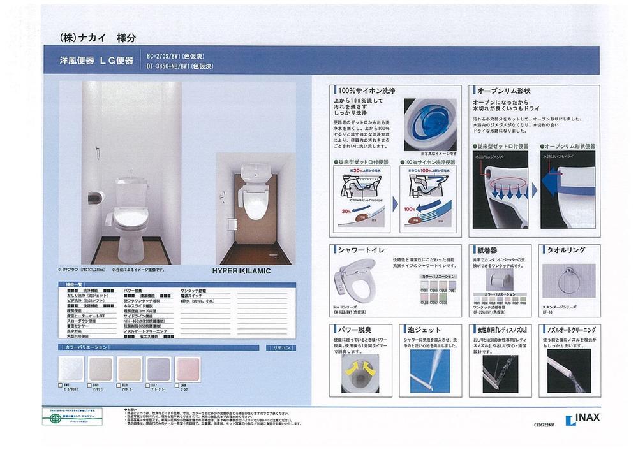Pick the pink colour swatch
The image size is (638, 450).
tap(188, 369)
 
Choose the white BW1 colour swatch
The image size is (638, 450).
tap(71, 369)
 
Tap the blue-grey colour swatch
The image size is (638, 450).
tap(159, 369)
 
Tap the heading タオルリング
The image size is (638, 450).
tap(564, 250)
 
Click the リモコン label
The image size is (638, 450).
tap(281, 347)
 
